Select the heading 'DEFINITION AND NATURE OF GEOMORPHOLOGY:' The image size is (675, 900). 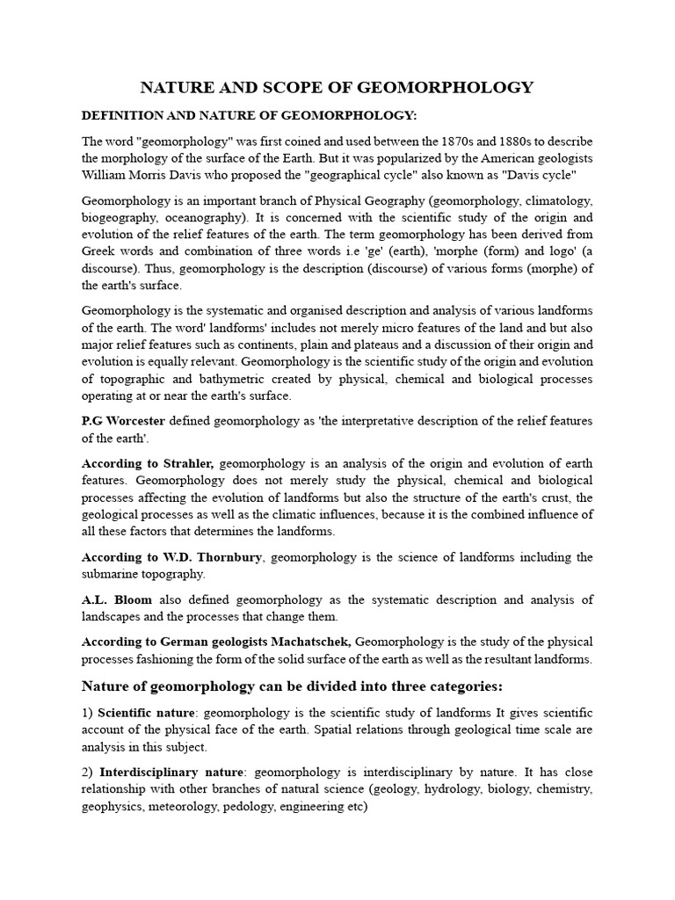237,115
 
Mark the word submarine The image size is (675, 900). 109,573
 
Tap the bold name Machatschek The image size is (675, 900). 308,642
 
